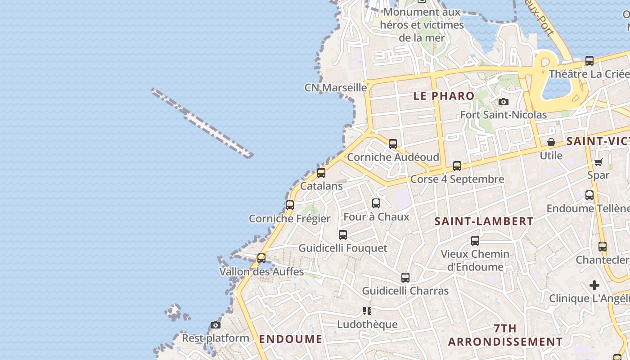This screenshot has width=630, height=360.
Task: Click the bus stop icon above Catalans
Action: [321, 172]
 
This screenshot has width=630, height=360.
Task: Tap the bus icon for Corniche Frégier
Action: [290, 205]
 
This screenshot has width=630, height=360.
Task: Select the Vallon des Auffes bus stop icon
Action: [261, 258]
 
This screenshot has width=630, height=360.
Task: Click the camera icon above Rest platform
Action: [216, 325]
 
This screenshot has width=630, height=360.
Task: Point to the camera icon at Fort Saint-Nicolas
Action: [504, 102]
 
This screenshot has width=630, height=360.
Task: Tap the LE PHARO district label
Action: [444, 96]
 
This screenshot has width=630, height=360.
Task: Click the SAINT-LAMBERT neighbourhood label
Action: [484, 221]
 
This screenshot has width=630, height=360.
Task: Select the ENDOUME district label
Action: [291, 339]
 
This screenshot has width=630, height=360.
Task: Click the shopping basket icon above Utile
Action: [551, 142]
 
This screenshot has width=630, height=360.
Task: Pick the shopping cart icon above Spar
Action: [598, 162]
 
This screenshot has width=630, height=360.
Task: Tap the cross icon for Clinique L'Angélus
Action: [594, 285]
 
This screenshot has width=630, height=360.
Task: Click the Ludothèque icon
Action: [367, 311]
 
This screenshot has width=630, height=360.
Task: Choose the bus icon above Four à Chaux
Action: [376, 203]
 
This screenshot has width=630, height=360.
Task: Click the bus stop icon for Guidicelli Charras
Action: [405, 278]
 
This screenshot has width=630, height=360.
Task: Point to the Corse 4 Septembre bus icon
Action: [457, 166]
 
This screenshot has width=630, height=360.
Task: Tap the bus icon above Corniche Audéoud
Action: [393, 144]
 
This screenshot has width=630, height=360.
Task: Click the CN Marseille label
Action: [336, 87]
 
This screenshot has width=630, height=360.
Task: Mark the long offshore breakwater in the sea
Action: [202, 123]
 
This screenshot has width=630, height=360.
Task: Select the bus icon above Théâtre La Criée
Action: [589, 60]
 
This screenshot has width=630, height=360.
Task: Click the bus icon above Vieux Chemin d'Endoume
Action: [475, 241]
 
